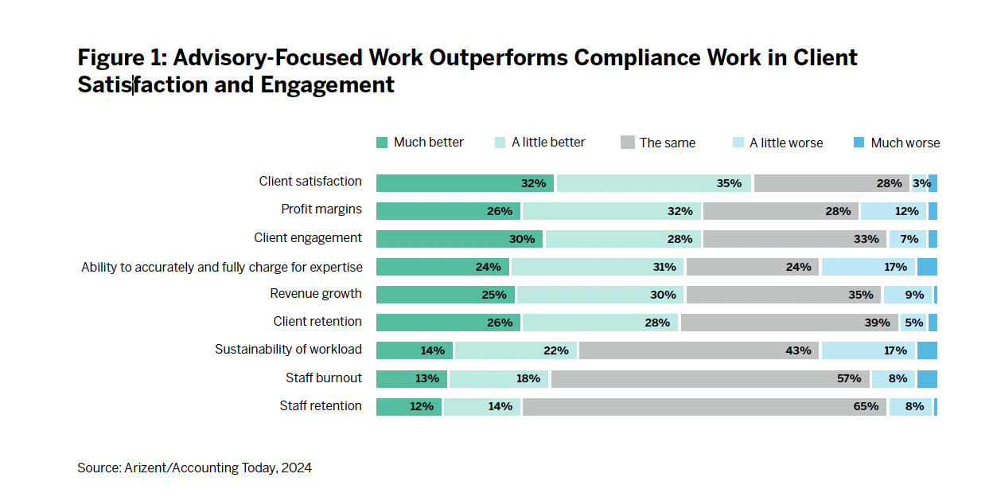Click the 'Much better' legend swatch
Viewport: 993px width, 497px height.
click(x=382, y=143)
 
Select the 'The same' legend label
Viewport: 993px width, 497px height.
click(x=667, y=143)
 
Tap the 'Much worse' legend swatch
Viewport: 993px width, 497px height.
click(x=859, y=143)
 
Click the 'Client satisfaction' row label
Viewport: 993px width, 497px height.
click(x=310, y=182)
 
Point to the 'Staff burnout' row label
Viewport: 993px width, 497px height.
click(x=324, y=378)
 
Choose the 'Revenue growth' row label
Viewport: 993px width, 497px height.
click(x=316, y=294)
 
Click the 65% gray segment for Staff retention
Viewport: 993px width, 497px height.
click(x=703, y=406)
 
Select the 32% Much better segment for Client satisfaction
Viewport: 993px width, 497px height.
click(x=465, y=183)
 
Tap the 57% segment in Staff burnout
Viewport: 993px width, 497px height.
click(x=710, y=378)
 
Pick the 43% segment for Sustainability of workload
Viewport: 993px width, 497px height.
click(x=700, y=350)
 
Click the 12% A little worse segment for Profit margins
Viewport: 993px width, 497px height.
click(x=893, y=211)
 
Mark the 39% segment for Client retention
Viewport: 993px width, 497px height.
click(x=789, y=323)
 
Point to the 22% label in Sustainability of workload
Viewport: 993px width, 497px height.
click(x=555, y=350)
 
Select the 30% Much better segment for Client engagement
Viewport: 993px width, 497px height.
click(x=459, y=239)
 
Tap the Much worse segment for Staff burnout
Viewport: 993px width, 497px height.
click(x=927, y=378)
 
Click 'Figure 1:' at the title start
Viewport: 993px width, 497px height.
click(x=121, y=58)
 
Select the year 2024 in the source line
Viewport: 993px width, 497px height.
click(x=297, y=468)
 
